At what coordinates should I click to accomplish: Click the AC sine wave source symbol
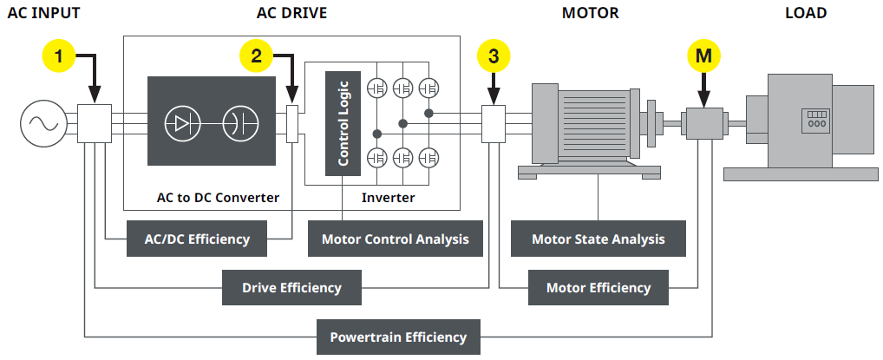(40, 124)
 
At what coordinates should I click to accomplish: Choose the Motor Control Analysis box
(395, 239)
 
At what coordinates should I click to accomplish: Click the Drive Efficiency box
(291, 287)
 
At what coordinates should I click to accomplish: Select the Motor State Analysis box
(598, 239)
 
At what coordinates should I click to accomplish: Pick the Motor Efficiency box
(598, 287)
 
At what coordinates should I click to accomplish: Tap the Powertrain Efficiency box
(398, 337)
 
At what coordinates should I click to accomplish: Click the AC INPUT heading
(43, 13)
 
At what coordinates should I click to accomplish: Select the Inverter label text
(388, 198)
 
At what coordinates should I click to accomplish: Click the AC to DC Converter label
(217, 198)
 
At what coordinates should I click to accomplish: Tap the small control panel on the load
(816, 119)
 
